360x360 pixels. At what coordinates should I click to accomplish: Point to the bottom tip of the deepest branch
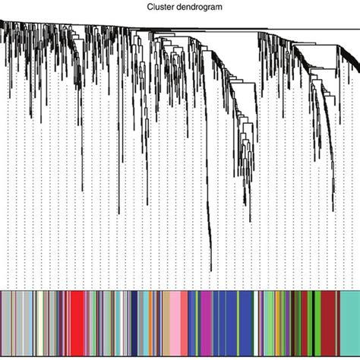pos(210,270)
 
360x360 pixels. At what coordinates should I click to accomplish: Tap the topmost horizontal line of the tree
pos(228,29)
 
